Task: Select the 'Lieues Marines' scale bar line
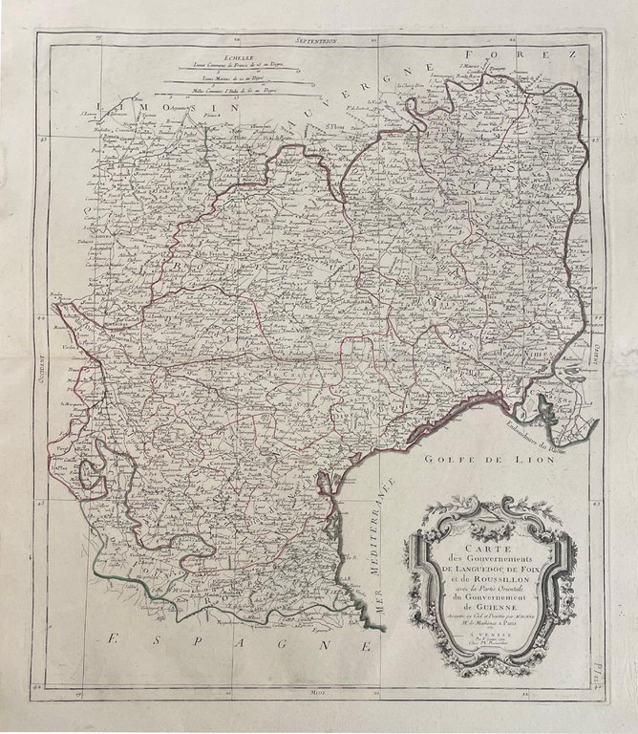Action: [x=225, y=79]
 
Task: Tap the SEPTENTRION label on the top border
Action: [x=318, y=41]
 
